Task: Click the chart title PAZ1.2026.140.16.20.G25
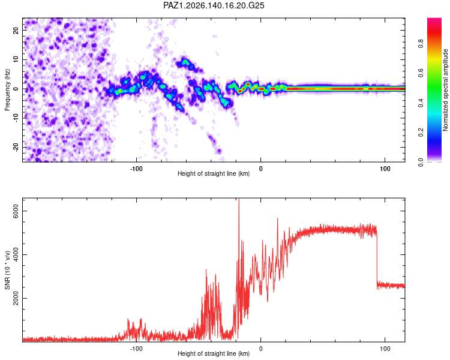pos(214,5)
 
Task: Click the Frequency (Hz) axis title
pos(7,89)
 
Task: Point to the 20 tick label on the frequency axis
pos(16,30)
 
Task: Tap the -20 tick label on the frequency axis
pos(16,147)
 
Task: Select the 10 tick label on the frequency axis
pos(16,59)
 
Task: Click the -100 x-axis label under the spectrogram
pos(136,169)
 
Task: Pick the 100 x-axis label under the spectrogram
pos(385,169)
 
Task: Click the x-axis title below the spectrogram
pos(214,173)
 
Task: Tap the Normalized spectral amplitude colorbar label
pos(445,89)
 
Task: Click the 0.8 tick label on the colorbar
pos(421,44)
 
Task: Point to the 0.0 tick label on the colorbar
pos(421,162)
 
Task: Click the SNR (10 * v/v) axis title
pos(7,270)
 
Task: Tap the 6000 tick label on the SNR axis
pos(16,211)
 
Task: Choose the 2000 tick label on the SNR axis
pos(16,299)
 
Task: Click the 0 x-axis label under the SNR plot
pos(260,349)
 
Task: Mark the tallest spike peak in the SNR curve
pos(239,199)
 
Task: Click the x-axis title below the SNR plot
pos(214,353)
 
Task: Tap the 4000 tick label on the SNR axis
pos(16,254)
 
